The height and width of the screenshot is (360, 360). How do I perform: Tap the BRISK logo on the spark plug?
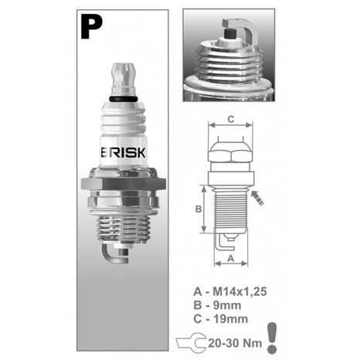click(x=125, y=151)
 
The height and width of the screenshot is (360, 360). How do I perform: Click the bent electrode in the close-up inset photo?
click(x=245, y=29)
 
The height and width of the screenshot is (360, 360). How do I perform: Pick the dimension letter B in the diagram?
click(x=197, y=209)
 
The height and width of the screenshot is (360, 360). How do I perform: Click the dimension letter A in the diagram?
click(x=230, y=260)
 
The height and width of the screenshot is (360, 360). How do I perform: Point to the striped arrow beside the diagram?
click(x=257, y=200)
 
